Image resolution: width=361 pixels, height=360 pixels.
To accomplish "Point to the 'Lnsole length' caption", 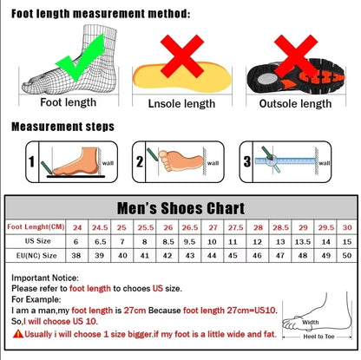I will click(x=175, y=103).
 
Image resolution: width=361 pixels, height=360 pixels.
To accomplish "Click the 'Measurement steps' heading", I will click(x=62, y=126).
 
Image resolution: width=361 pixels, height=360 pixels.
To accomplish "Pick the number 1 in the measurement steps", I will click(x=31, y=161).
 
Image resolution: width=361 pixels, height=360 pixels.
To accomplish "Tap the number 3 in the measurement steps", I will click(x=247, y=161).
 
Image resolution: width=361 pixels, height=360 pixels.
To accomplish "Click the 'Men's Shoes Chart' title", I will click(x=180, y=208).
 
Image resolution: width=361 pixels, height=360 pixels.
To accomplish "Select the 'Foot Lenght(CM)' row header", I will click(x=36, y=226).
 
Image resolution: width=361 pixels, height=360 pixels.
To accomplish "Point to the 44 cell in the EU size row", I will click(x=213, y=256).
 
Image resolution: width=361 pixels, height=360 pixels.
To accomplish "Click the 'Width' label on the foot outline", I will click(x=310, y=323).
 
